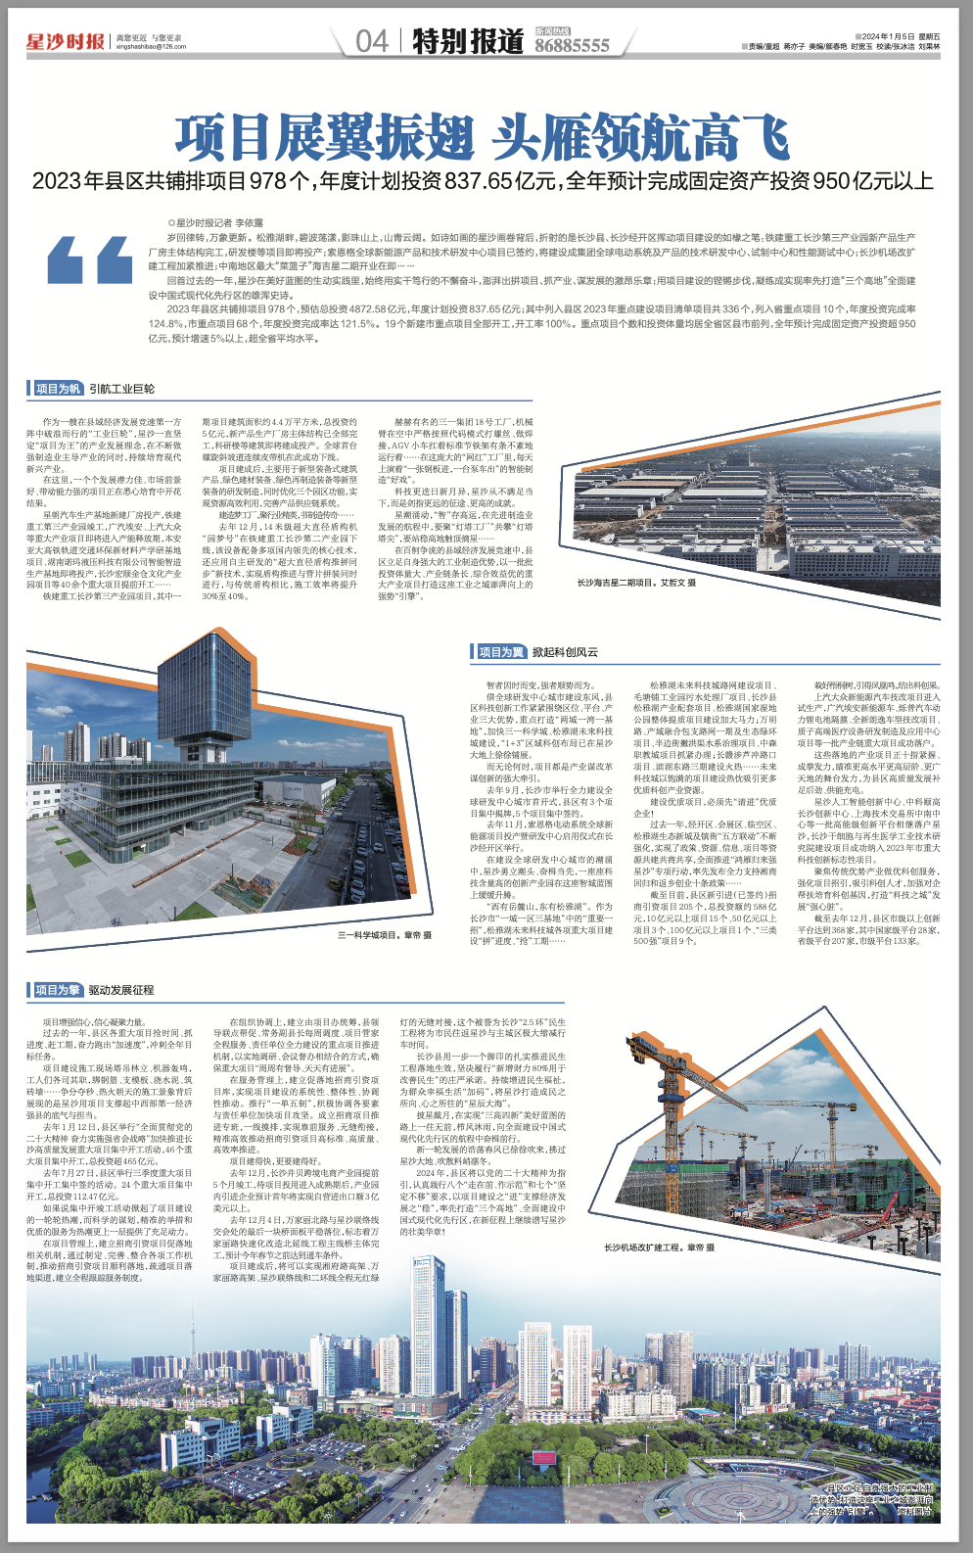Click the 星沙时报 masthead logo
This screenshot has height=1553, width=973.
point(65,41)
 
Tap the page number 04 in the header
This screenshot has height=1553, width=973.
point(371,41)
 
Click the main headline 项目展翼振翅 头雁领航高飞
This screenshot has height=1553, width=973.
point(482,138)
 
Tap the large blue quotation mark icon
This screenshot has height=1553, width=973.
point(90,260)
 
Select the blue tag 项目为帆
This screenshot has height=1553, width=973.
point(57,389)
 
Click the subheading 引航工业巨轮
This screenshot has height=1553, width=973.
point(121,389)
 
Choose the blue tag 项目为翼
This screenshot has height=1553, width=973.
point(500,651)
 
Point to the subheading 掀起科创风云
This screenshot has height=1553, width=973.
point(565,651)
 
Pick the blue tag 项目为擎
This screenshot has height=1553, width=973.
point(57,990)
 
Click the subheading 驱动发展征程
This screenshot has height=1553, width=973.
point(121,990)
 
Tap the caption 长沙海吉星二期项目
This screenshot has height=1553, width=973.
point(649,582)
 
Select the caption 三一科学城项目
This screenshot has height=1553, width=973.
point(384,935)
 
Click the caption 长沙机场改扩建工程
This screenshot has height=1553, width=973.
point(658,1247)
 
